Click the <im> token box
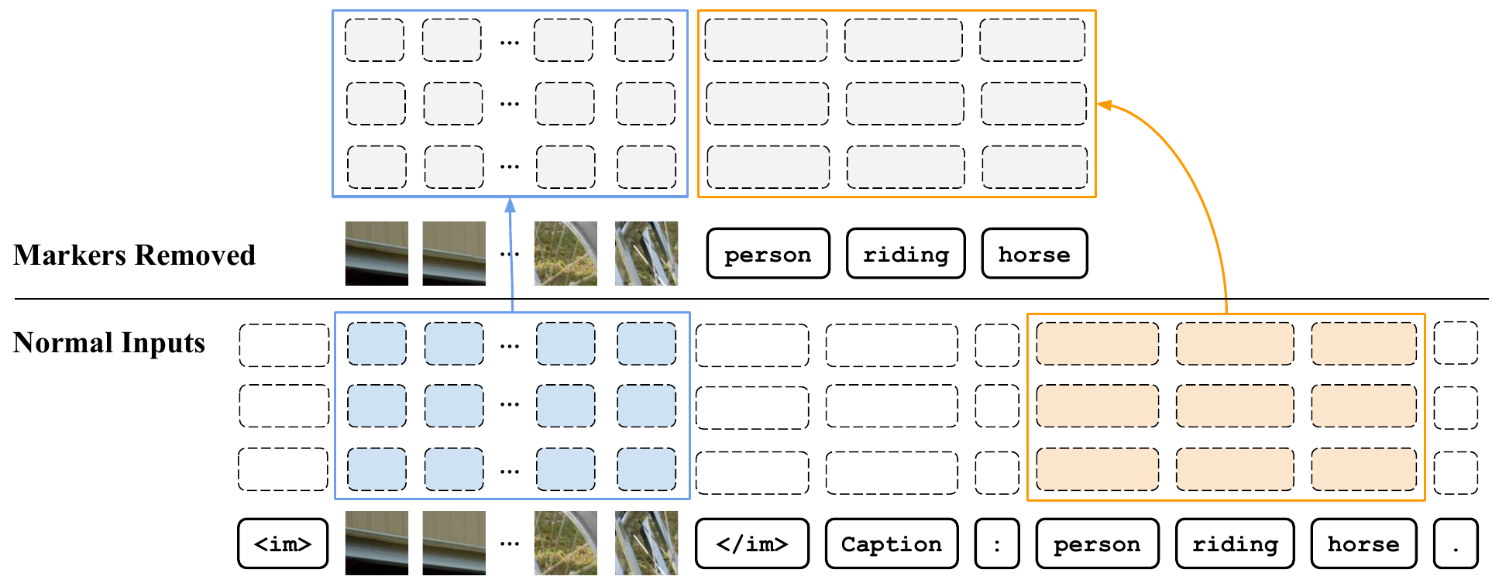tap(283, 544)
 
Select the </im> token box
tap(752, 544)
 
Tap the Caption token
tap(892, 544)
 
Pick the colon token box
tap(997, 544)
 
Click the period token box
tap(1456, 544)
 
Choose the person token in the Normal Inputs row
tap(1098, 544)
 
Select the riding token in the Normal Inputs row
tap(1235, 544)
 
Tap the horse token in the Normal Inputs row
tap(1363, 544)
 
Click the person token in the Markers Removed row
tap(768, 253)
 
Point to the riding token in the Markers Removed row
tap(906, 253)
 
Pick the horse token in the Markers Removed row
tap(1034, 253)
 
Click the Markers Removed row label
tap(134, 255)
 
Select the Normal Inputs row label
tap(109, 342)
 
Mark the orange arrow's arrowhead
tap(1105, 105)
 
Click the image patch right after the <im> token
tap(376, 543)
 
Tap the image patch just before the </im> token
tap(646, 543)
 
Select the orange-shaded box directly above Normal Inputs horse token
tap(1363, 469)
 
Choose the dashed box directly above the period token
tap(1456, 472)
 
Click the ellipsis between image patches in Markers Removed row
tap(510, 254)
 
